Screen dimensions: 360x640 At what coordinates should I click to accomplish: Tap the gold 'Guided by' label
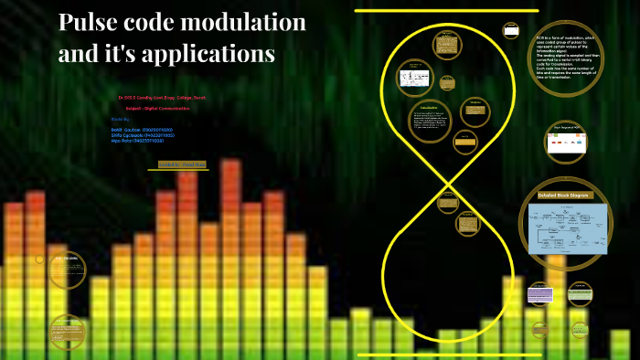point(182,164)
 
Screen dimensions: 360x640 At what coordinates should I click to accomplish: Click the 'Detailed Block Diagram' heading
point(565,196)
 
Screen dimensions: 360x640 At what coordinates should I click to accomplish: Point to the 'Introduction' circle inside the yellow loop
point(429,122)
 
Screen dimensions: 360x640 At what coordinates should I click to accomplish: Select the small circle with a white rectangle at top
point(511,30)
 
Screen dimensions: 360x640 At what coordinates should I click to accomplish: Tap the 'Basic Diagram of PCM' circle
point(567,140)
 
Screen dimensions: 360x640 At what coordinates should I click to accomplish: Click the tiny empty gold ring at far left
point(39,259)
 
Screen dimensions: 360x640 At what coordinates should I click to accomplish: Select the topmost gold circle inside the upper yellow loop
point(446,42)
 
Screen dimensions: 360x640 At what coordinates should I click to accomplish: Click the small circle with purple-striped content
point(539,293)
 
